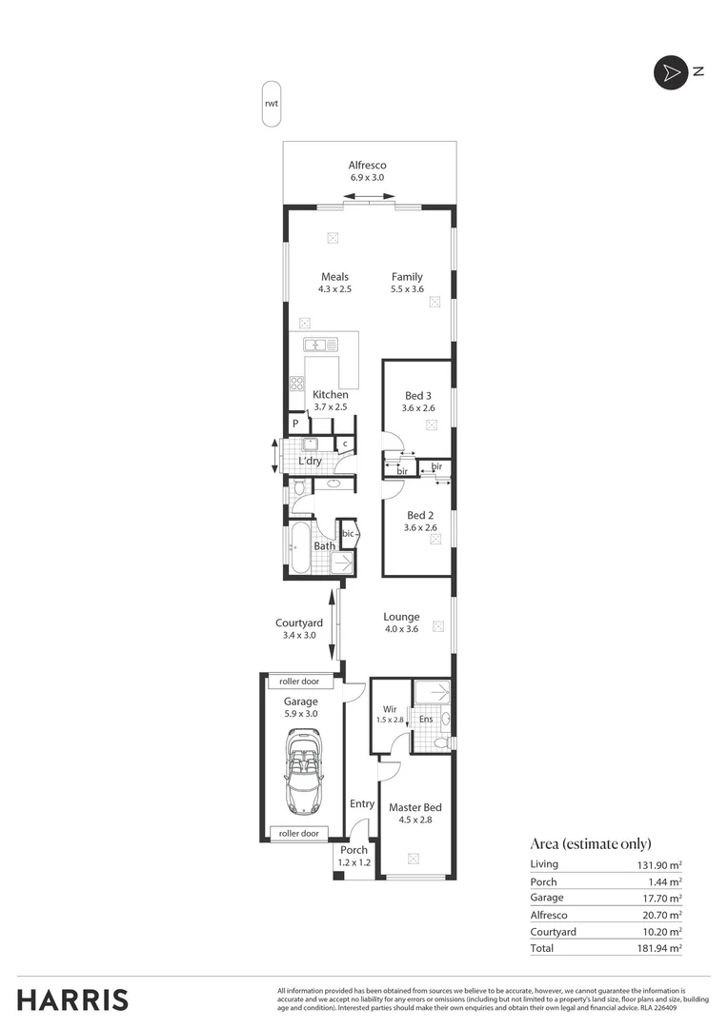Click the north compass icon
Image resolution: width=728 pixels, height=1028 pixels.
click(x=670, y=72)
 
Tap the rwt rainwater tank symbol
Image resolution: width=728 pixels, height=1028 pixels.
click(x=272, y=104)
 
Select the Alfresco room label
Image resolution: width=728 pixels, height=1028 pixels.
click(x=367, y=165)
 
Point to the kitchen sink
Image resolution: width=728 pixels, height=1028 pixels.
click(x=320, y=345)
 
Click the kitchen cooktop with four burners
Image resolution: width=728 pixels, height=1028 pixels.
click(x=296, y=384)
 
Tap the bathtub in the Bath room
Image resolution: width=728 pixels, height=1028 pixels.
click(x=299, y=547)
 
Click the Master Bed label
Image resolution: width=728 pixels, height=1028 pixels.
click(x=415, y=807)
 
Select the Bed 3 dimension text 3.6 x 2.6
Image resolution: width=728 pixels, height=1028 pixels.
click(x=419, y=408)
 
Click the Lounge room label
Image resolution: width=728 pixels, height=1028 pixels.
click(x=401, y=617)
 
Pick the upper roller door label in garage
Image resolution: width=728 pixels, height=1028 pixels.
click(x=300, y=682)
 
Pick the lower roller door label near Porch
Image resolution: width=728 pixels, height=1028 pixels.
click(x=299, y=833)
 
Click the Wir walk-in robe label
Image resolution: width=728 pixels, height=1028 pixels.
click(x=389, y=709)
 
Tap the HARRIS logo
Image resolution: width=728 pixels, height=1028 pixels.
click(x=73, y=999)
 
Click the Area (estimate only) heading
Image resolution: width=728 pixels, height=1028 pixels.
click(x=590, y=843)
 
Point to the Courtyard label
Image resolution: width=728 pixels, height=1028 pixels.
click(x=298, y=623)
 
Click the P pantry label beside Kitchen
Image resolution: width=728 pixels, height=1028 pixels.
click(x=295, y=424)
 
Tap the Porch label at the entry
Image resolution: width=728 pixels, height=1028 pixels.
click(x=354, y=850)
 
